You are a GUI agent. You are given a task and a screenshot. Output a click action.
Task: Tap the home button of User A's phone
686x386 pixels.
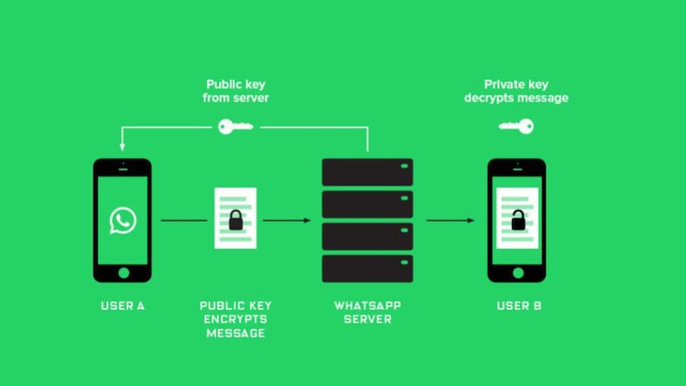123,272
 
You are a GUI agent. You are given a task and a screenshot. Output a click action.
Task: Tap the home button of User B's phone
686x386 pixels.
516,272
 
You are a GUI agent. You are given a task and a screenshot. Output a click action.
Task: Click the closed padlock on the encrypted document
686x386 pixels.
235,220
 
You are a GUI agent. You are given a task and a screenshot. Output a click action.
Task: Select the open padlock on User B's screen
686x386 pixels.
517,220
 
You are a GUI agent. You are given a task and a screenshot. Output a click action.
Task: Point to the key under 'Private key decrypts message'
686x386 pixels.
516,127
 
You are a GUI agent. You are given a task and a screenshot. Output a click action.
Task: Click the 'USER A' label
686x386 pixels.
123,306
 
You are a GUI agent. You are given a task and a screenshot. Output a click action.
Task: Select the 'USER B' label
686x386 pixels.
519,306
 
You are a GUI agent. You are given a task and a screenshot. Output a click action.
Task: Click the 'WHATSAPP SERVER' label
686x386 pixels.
367,312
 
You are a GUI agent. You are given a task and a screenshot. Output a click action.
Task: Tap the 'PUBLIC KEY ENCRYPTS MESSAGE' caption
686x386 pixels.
235,319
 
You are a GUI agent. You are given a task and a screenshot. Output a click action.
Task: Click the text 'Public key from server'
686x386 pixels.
236,91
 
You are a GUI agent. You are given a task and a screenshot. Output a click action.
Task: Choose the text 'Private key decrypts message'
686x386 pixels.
526,91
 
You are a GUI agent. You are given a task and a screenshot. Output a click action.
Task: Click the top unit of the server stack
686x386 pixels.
367,171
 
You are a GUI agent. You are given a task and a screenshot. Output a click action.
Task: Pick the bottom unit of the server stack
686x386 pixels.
367,268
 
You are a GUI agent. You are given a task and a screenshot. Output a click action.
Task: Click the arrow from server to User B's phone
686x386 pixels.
451,220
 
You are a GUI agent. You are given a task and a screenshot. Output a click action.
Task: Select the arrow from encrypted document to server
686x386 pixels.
287,220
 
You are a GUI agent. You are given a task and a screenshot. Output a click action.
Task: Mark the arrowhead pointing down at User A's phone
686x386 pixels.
123,147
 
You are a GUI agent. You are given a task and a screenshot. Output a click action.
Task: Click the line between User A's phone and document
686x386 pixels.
184,220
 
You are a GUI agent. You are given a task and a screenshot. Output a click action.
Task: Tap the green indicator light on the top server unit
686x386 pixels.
405,166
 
